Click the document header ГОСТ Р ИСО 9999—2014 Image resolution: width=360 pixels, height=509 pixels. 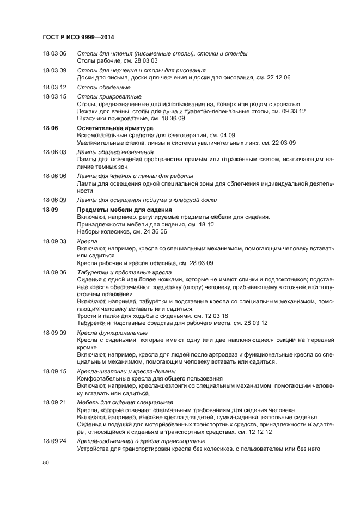(81, 37)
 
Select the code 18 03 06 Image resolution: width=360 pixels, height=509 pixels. (54, 53)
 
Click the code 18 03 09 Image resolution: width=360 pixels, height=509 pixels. (54, 70)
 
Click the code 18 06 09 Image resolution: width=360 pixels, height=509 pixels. (54, 200)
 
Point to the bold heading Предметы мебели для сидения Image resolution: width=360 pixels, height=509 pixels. (125, 210)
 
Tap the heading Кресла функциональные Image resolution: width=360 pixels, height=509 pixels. (112, 333)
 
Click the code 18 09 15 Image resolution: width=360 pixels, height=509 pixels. (54, 371)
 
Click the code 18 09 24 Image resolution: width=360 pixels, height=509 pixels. (54, 441)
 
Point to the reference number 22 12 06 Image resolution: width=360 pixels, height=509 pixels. (279, 78)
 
